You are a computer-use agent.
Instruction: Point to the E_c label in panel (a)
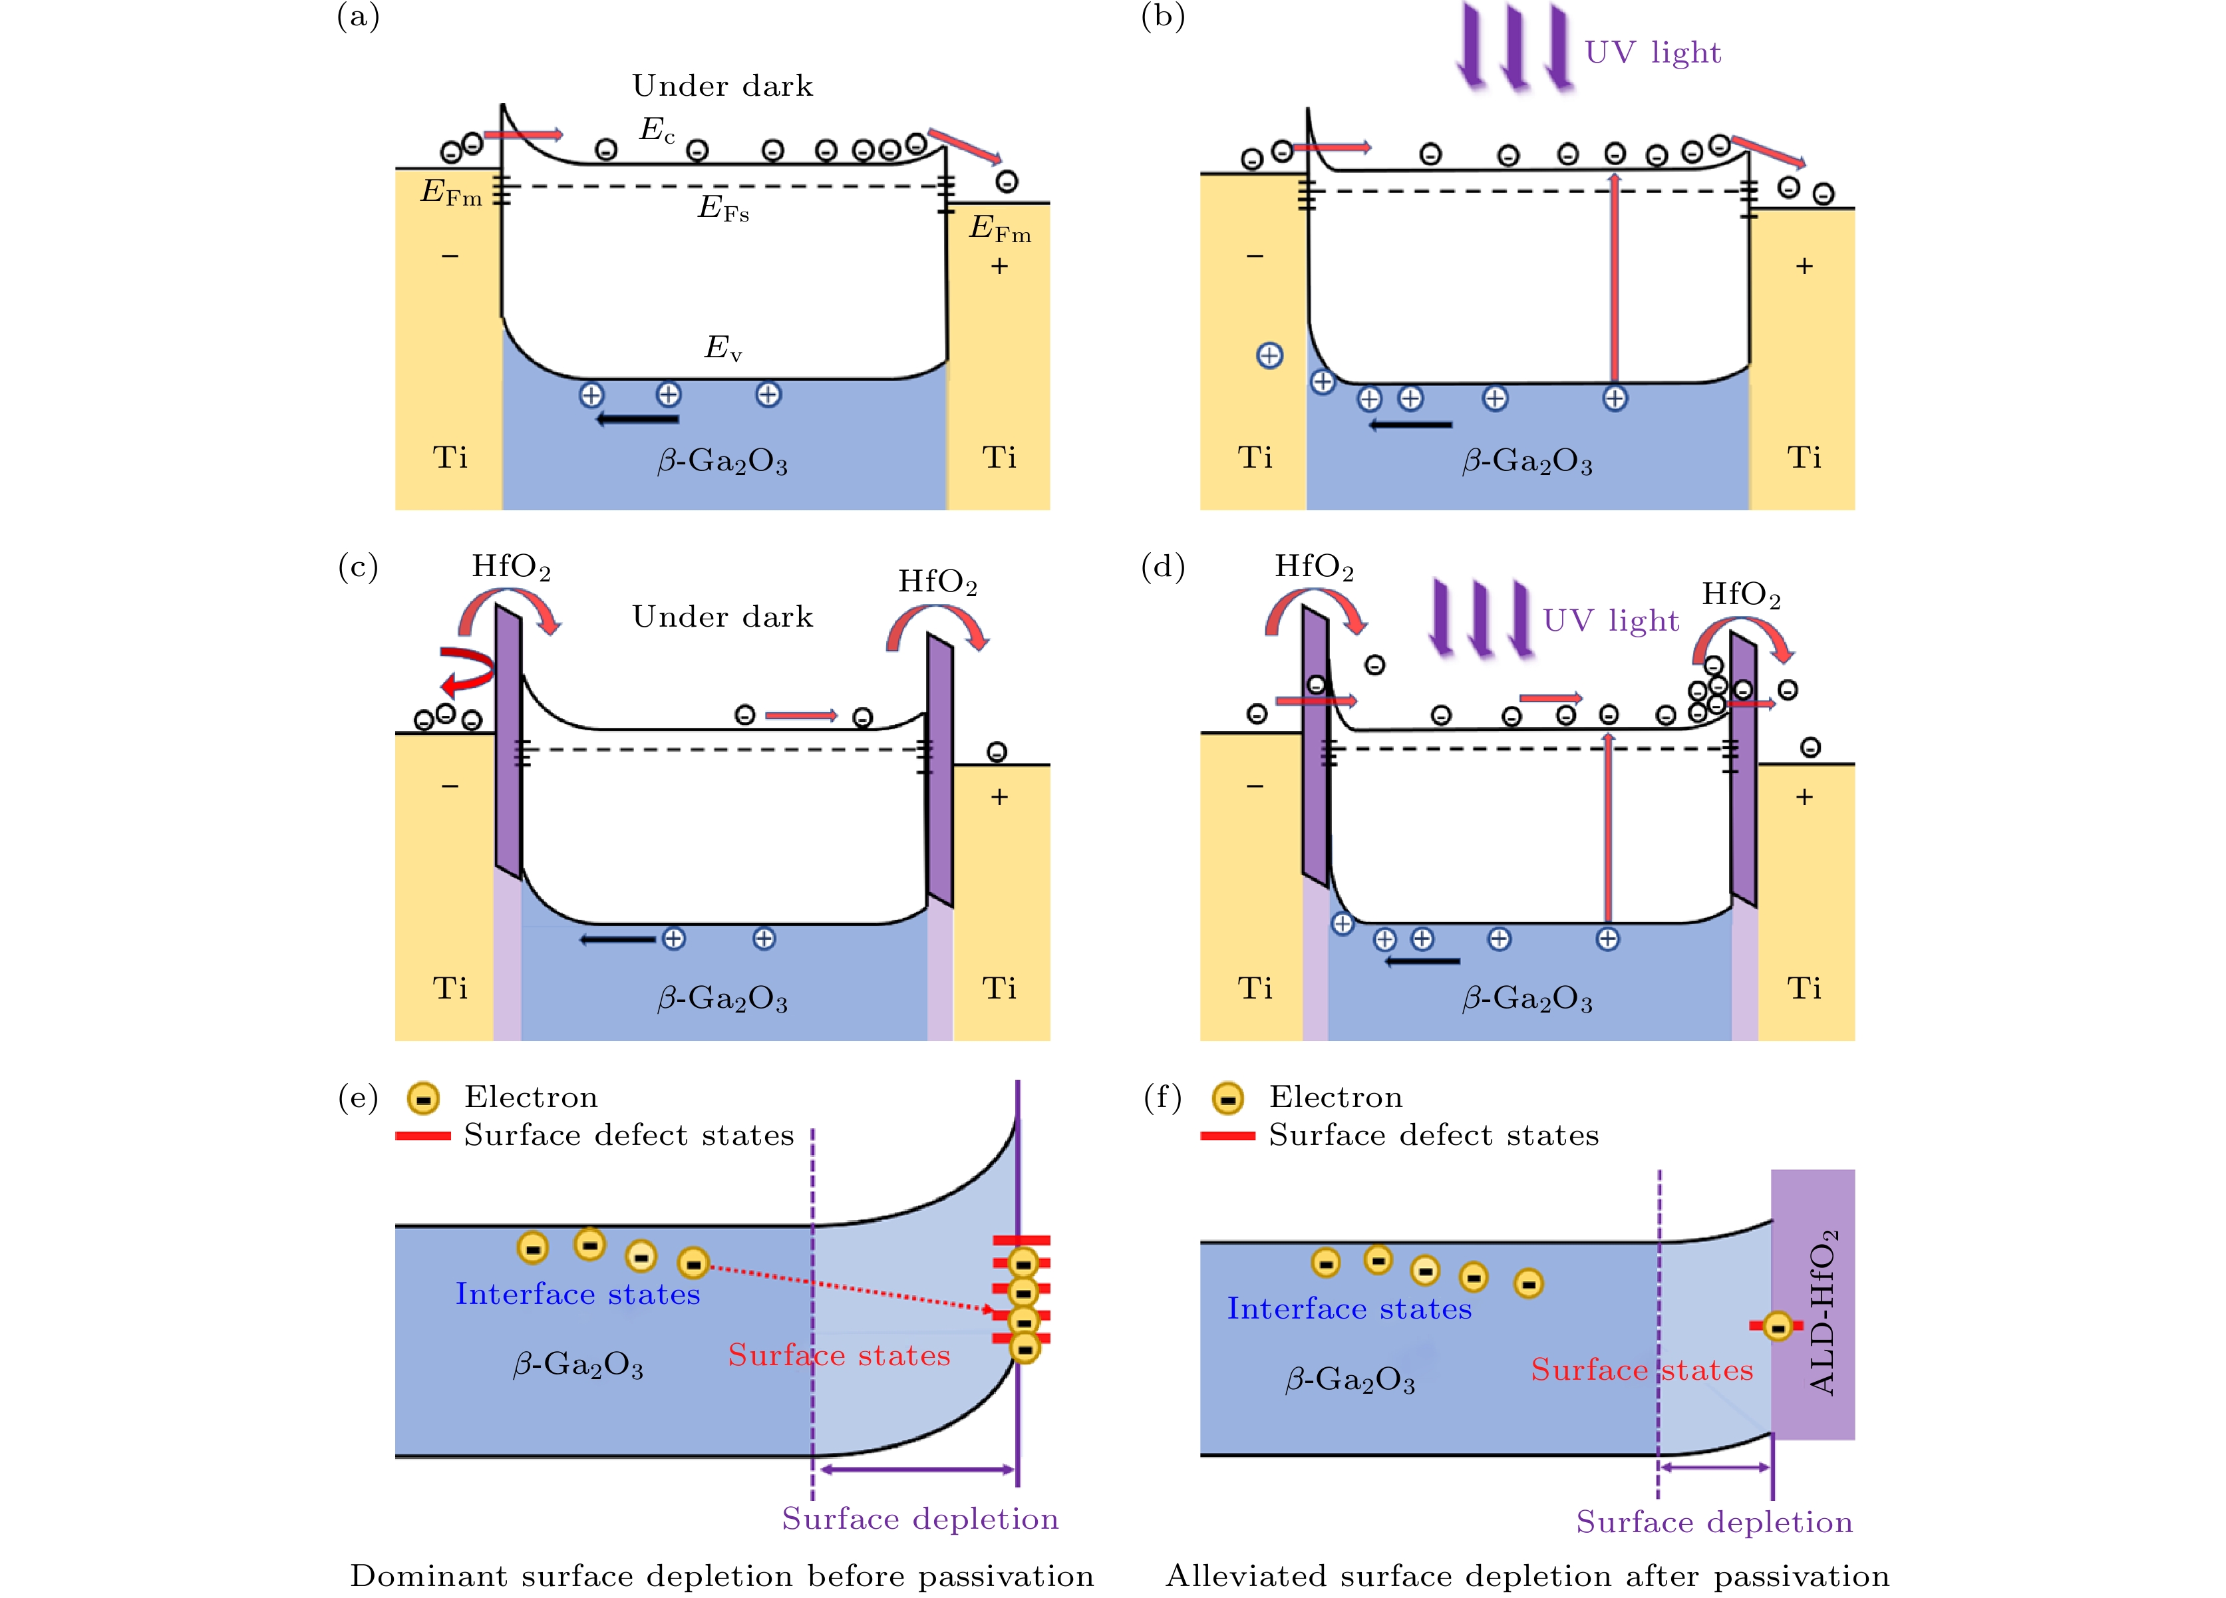[x=657, y=130]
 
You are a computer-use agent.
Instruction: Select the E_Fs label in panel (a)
[x=723, y=208]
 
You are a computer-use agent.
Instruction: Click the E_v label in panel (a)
[x=723, y=347]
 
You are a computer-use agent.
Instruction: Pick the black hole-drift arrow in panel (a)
[x=638, y=419]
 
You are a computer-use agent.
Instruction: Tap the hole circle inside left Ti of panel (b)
[x=1269, y=355]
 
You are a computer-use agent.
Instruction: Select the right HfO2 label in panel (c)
[x=937, y=582]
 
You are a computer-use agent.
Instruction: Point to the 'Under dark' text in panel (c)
[x=722, y=617]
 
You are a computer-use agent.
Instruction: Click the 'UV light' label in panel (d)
[x=1611, y=620]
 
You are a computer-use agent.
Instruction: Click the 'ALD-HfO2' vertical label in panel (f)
[x=1824, y=1311]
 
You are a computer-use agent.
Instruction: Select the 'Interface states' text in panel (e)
[x=577, y=1294]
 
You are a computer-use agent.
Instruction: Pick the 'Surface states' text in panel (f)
[x=1642, y=1369]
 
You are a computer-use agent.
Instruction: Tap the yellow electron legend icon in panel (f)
[x=1228, y=1098]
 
